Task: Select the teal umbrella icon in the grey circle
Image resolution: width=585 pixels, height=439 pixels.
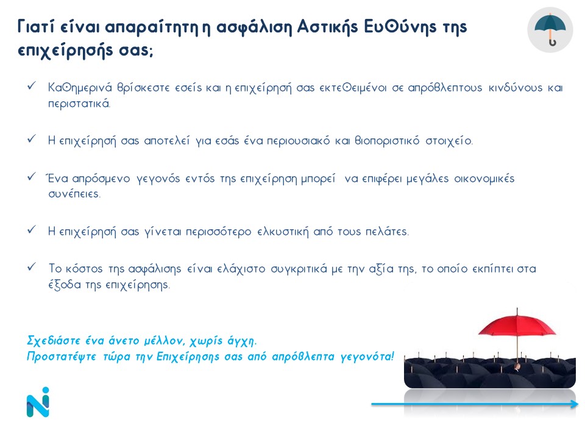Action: [550, 30]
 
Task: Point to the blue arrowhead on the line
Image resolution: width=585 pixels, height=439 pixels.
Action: [575, 404]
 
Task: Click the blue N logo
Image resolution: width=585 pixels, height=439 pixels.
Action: [38, 402]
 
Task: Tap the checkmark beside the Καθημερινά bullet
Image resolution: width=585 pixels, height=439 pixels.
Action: [31, 86]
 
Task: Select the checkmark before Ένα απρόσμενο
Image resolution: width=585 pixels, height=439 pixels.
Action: [31, 177]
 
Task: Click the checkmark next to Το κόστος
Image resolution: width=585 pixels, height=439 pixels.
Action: [31, 267]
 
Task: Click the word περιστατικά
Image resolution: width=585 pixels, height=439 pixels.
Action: [79, 104]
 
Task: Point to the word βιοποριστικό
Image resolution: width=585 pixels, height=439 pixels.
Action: [387, 141]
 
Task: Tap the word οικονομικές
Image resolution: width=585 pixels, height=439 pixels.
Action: [484, 179]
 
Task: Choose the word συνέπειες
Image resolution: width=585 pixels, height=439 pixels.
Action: [74, 194]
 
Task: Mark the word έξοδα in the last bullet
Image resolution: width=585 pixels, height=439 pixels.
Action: [65, 285]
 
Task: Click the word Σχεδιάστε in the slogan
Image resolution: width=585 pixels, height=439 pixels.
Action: [54, 341]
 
